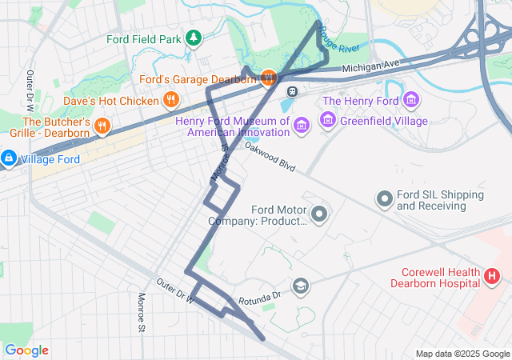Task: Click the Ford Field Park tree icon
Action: tap(193, 38)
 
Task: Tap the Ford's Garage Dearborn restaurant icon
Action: tap(267, 78)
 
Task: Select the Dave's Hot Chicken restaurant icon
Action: tap(170, 100)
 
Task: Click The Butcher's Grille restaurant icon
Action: tap(102, 126)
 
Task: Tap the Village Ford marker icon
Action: tap(8, 158)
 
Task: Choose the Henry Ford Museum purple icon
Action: tap(301, 126)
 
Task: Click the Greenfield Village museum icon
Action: tap(327, 121)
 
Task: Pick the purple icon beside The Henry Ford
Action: tap(411, 100)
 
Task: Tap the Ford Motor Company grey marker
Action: tap(319, 214)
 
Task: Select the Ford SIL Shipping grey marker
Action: tap(385, 197)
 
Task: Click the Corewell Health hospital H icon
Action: tap(492, 277)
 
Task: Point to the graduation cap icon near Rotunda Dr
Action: tap(300, 286)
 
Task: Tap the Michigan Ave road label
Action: tap(370, 67)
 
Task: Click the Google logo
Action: tap(26, 350)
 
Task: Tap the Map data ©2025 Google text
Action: tap(462, 354)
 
